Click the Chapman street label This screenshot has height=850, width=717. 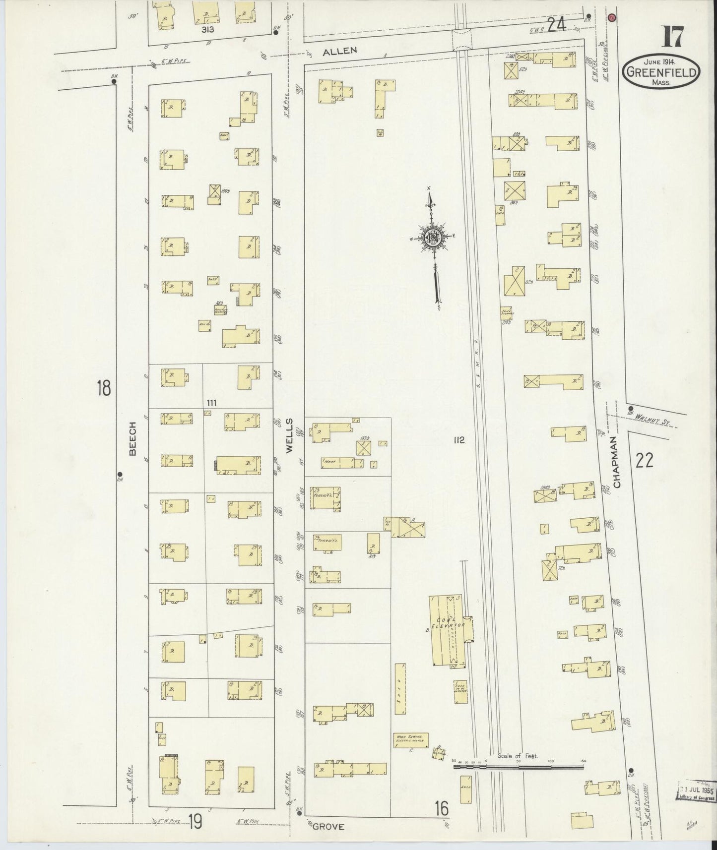tap(617, 462)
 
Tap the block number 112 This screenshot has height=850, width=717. tap(458, 439)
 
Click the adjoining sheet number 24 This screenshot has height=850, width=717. tap(557, 23)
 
